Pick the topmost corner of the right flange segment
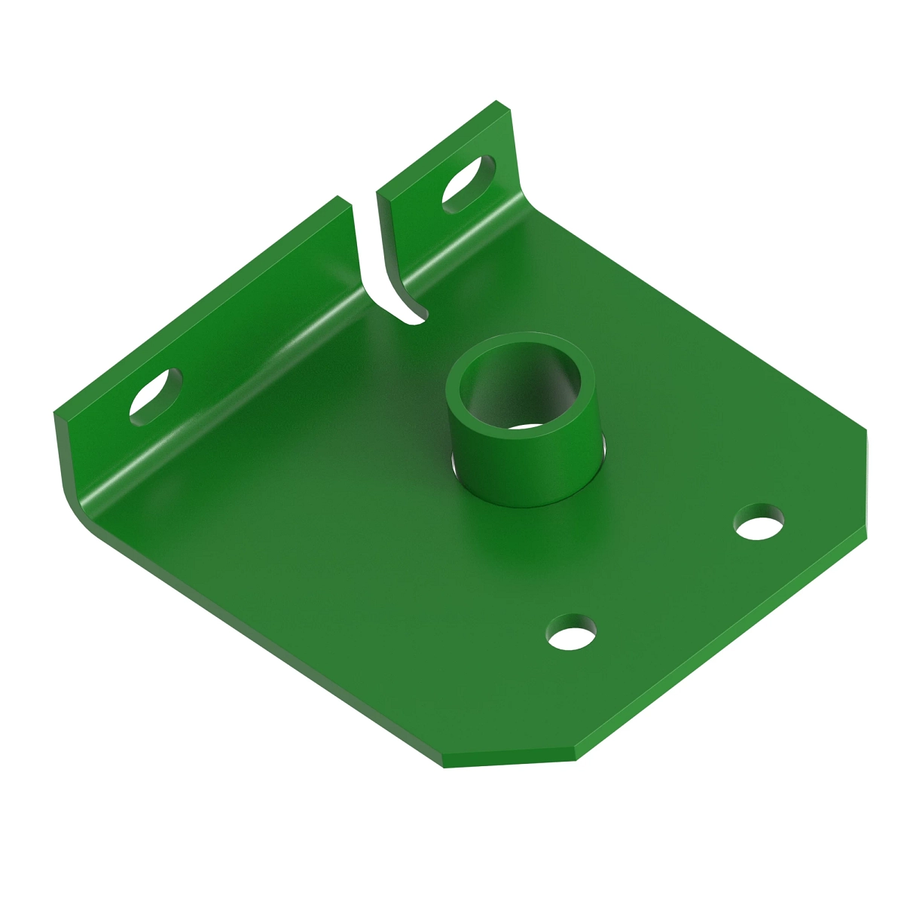tap(497, 102)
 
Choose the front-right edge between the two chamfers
tap(723, 648)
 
